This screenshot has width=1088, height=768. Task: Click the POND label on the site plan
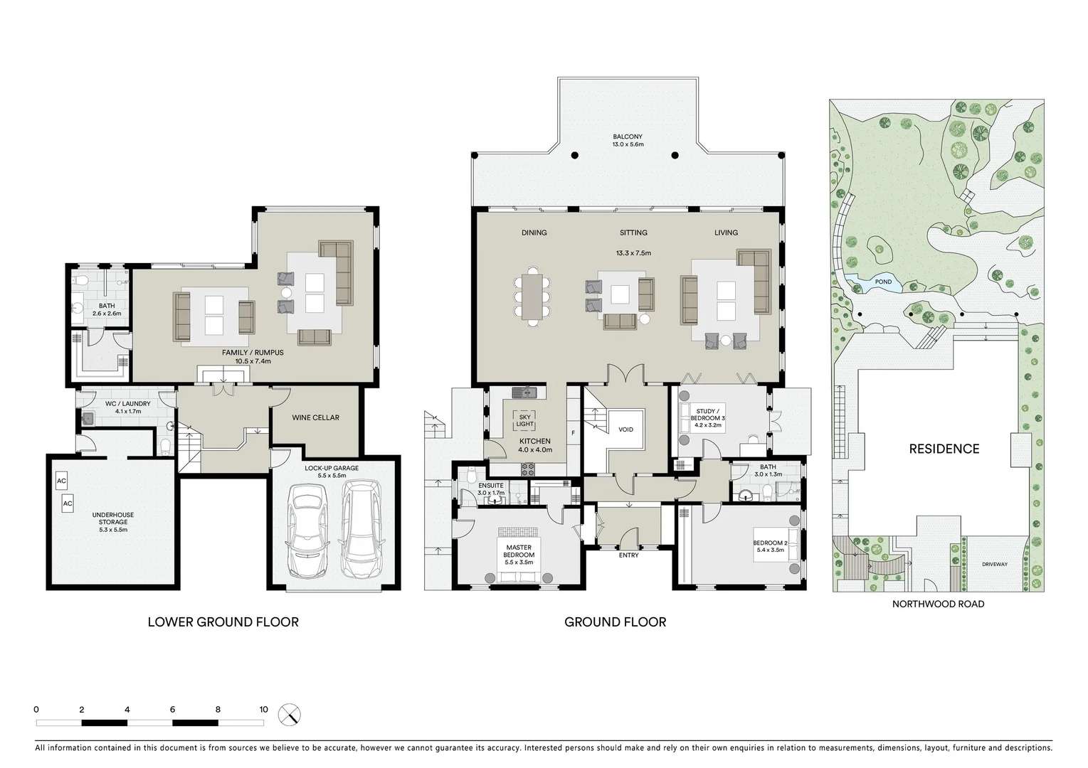882,282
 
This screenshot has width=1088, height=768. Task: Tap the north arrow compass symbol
290,715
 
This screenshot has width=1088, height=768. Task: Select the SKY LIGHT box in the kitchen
524,420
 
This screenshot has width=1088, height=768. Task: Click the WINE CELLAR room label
315,417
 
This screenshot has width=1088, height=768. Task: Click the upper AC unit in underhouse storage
61,481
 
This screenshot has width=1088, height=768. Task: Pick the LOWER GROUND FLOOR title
223,622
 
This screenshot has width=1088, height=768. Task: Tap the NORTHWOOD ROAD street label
938,604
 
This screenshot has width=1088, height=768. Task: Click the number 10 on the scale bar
263,710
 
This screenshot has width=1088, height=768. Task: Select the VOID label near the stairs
625,430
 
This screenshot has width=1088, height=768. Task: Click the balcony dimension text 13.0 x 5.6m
627,144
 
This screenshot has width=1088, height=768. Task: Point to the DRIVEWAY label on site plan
994,564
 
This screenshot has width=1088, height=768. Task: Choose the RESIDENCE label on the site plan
944,449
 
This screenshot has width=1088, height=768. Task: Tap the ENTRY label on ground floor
628,555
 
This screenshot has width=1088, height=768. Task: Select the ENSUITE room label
490,486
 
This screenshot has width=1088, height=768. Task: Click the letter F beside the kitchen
573,432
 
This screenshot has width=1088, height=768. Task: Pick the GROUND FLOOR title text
615,622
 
